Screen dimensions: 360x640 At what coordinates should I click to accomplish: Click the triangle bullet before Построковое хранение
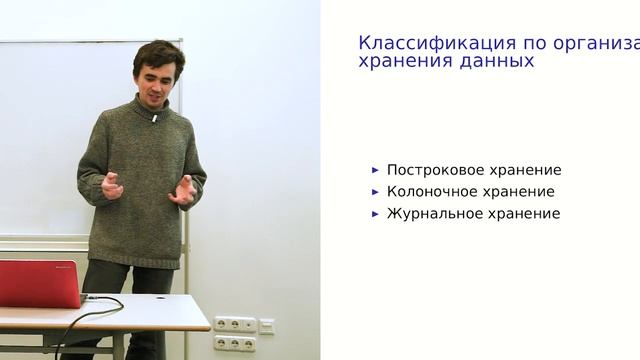point(375,170)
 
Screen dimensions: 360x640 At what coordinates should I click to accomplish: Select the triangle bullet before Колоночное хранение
point(375,192)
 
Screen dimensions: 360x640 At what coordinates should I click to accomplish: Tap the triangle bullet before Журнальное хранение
point(375,213)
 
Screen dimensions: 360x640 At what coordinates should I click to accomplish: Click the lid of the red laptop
point(38,282)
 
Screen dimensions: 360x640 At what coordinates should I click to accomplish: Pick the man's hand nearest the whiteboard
point(113,185)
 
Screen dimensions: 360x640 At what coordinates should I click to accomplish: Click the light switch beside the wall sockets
point(266,325)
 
